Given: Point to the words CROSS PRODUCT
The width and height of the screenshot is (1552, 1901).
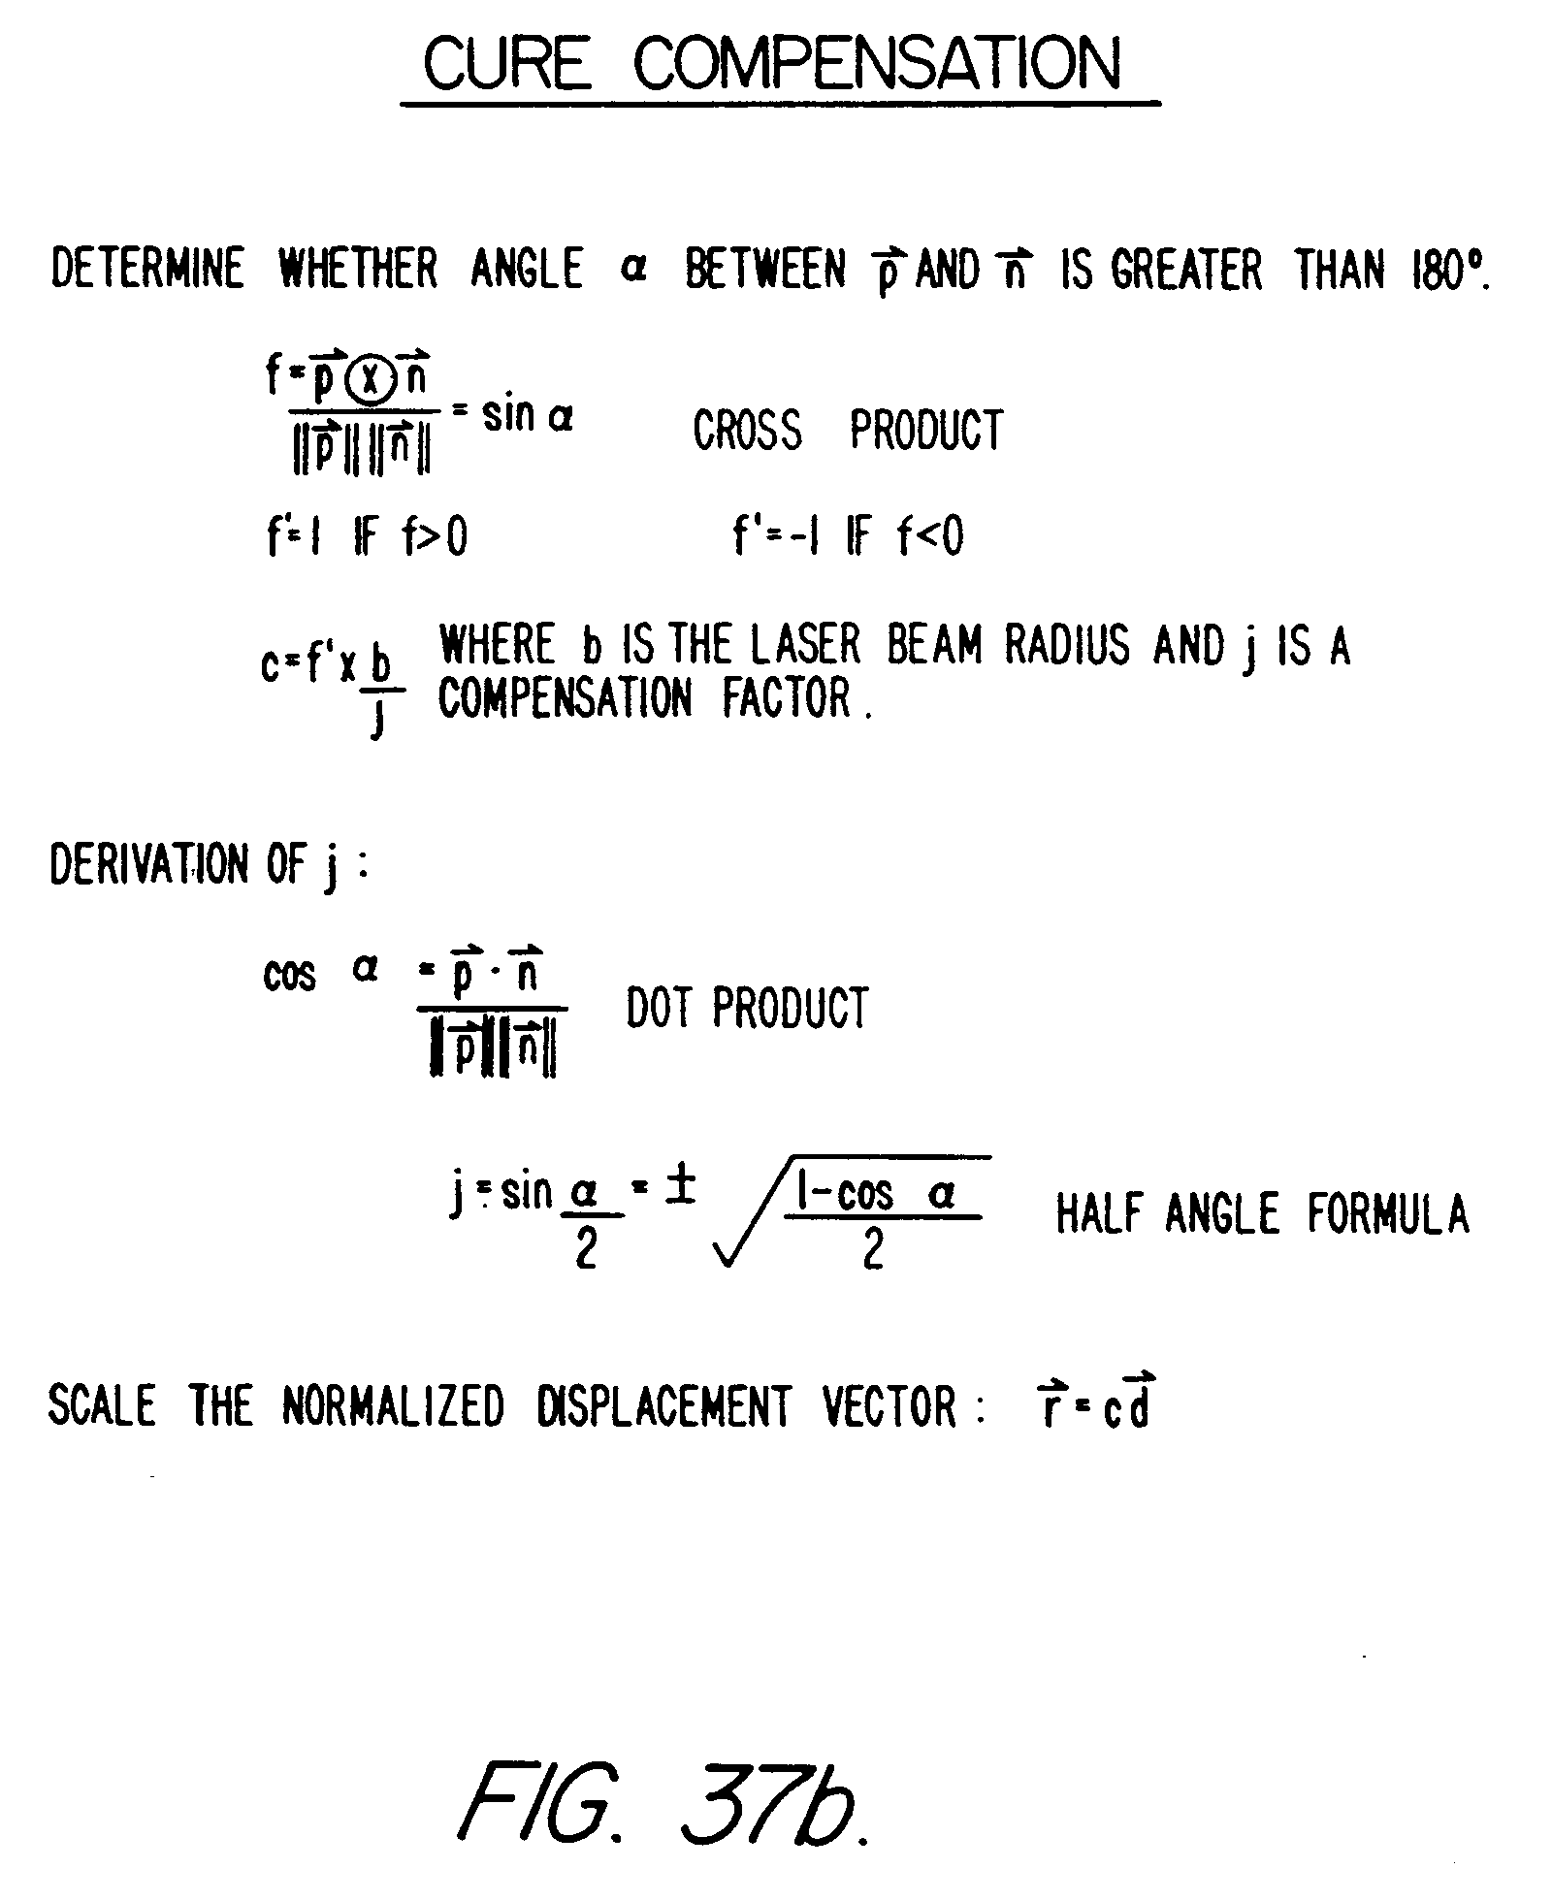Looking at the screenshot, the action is pos(848,430).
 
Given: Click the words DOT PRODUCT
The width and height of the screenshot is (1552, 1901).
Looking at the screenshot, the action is pos(747,1008).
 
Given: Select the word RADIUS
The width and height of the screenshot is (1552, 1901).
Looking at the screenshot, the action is pos(1067,645).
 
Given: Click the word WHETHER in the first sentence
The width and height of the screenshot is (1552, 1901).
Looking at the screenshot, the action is pos(358,269).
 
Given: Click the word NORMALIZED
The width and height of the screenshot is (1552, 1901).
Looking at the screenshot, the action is pos(393,1405).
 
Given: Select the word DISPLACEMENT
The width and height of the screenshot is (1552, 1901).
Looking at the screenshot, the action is pos(663,1405).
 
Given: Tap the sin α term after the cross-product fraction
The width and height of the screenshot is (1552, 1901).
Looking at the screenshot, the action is pos(528,416).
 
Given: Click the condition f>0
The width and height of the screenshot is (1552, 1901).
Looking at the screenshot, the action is pos(435,536).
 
